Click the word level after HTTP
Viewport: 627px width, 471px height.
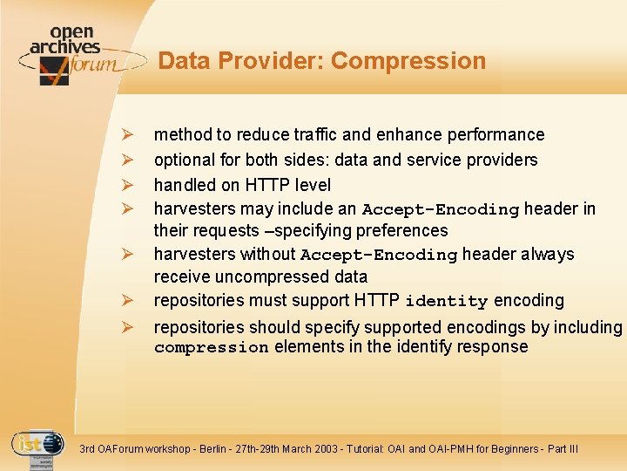pos(312,185)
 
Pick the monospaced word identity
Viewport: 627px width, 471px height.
pos(446,301)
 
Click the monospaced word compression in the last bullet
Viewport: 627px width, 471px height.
pos(211,347)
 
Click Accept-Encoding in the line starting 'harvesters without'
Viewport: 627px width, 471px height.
pos(378,255)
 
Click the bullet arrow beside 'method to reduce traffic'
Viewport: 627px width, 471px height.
pos(126,135)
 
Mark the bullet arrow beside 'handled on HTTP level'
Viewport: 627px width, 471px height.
pos(126,185)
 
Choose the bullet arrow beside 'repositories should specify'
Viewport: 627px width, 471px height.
pos(126,328)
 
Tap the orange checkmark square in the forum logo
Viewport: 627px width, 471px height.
pos(54,70)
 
